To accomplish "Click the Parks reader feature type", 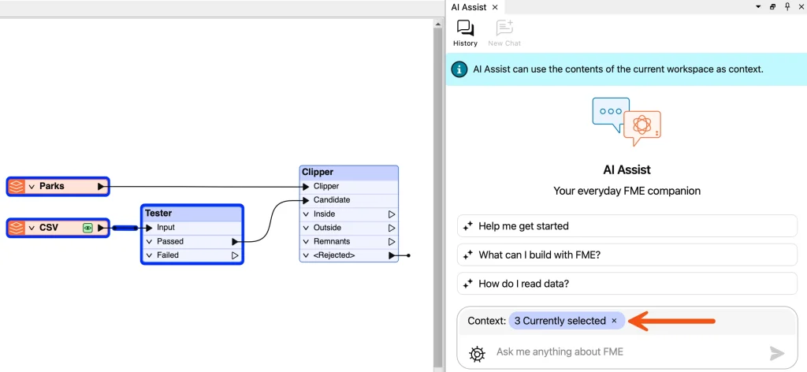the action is (x=58, y=186).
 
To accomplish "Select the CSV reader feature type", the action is (x=58, y=228).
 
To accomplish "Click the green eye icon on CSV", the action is (x=87, y=228).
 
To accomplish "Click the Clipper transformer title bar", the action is (x=349, y=173).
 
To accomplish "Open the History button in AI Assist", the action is (x=465, y=33).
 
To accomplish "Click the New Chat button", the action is (x=504, y=33).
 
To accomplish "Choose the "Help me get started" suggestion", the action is (x=627, y=226).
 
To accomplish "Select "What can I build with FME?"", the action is (x=627, y=255).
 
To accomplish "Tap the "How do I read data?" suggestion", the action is (x=627, y=284).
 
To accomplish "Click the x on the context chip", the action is (x=614, y=321).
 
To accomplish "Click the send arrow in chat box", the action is (x=776, y=353).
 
